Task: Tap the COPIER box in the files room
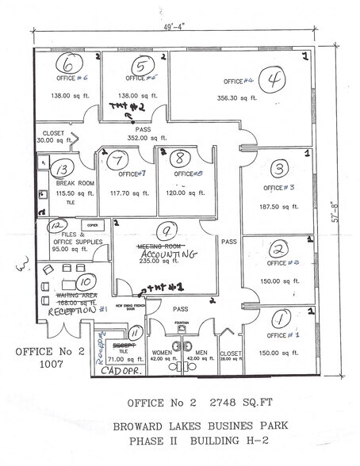91,226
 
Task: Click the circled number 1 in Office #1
278,319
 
